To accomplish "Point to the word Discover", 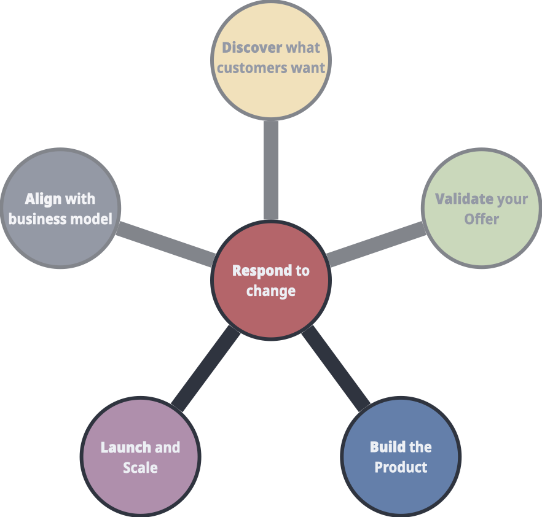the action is click(x=252, y=47).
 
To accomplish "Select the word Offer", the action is click(x=482, y=219).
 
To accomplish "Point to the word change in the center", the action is click(x=271, y=291).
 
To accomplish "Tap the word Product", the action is click(x=401, y=467).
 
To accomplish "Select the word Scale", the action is click(x=140, y=467).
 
